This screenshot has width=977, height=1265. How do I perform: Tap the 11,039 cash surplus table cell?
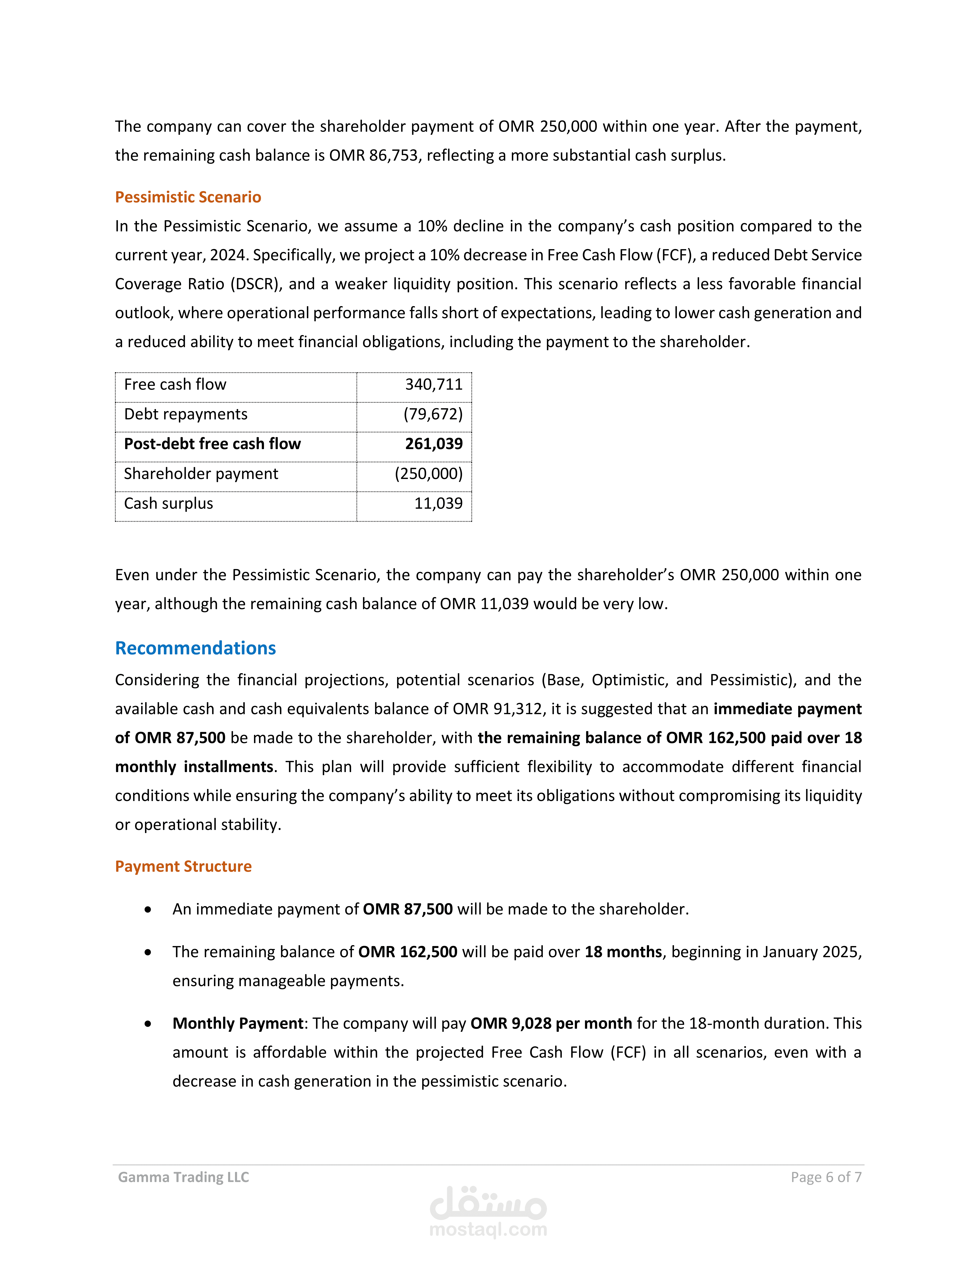tap(438, 503)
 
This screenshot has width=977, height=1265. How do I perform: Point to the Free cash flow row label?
tap(175, 385)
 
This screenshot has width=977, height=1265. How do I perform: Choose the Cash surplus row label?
tap(168, 503)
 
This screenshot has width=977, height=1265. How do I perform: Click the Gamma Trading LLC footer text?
tap(184, 1177)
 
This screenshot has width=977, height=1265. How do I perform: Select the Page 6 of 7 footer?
tap(826, 1177)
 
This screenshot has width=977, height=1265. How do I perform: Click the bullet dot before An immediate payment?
tap(148, 909)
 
